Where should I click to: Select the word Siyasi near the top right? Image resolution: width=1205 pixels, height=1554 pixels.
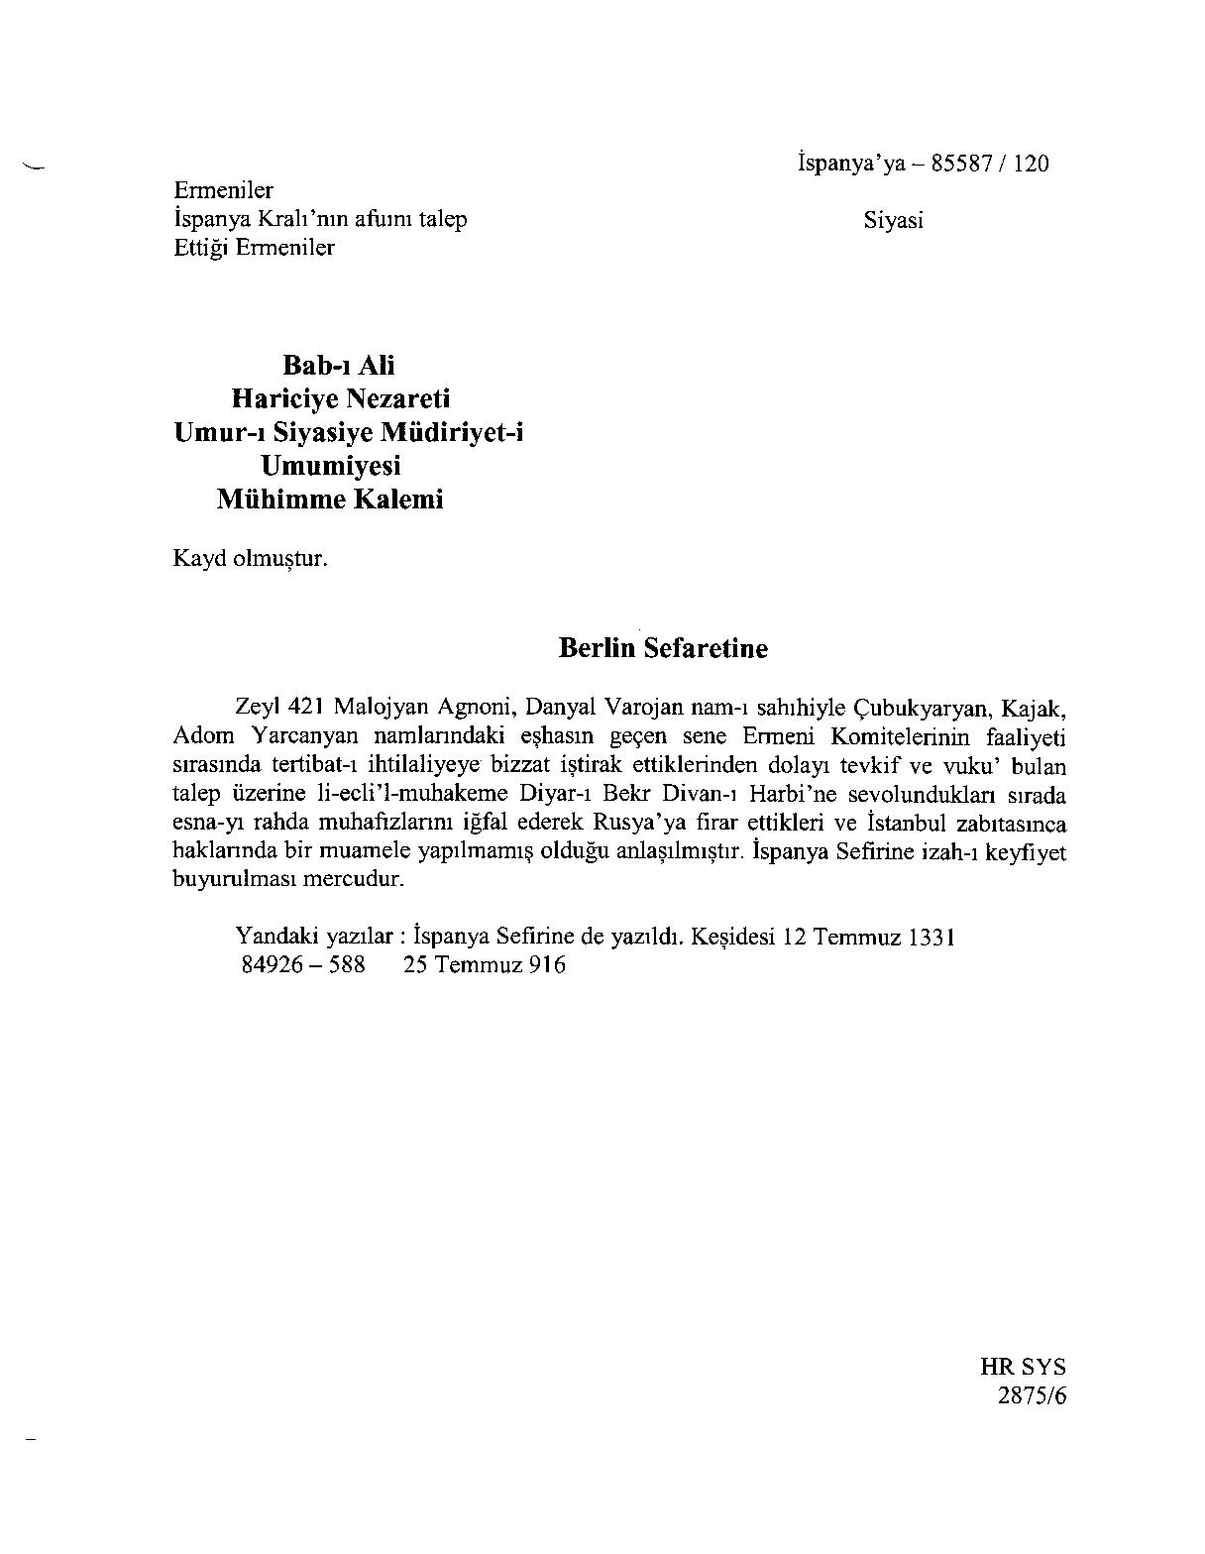(x=893, y=221)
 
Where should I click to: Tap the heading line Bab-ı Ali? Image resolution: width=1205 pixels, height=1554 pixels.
(x=339, y=366)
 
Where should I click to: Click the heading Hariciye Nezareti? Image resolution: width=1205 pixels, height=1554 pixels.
(x=340, y=398)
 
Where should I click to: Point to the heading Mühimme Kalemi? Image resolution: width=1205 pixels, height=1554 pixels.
(x=330, y=499)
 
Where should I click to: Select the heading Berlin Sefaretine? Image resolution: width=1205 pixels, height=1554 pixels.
(x=663, y=648)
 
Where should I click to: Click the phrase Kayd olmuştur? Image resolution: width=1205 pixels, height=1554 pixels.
(x=250, y=558)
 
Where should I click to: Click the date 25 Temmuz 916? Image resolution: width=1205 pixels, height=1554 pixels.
(x=484, y=964)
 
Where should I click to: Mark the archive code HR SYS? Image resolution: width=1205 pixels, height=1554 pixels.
(x=1023, y=1368)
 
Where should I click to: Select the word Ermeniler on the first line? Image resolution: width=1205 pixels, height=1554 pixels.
(x=223, y=190)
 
